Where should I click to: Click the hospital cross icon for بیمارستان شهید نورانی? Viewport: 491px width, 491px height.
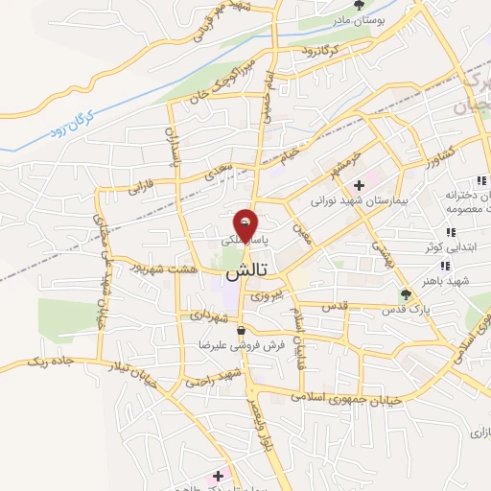pyautogui.click(x=359, y=184)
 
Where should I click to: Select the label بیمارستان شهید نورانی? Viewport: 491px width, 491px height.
pyautogui.click(x=360, y=203)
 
